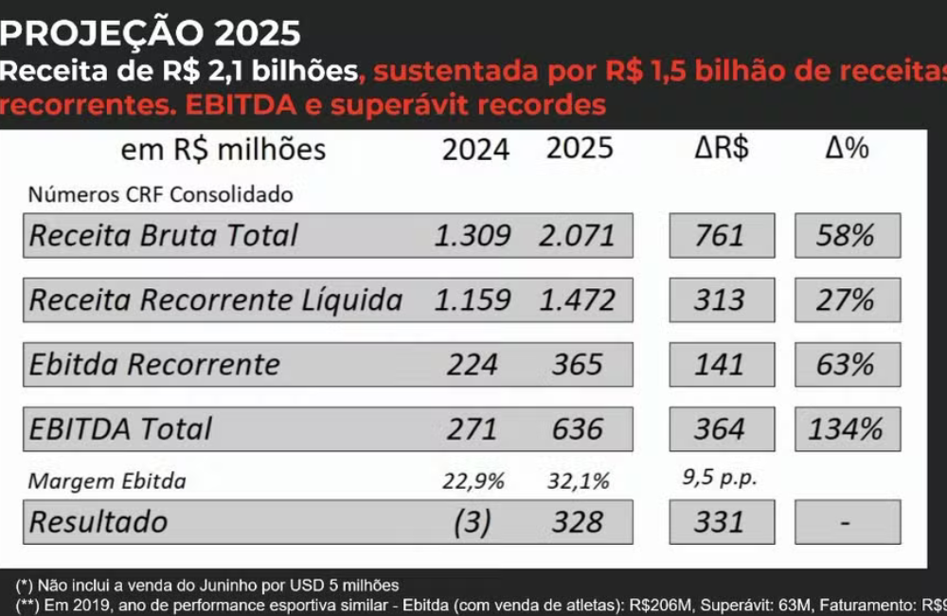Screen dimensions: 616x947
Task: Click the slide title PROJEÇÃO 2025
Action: coord(151,33)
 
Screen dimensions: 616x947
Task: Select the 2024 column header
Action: coord(475,149)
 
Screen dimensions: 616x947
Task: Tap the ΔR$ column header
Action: coord(720,148)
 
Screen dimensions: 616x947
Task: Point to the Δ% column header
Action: coord(846,148)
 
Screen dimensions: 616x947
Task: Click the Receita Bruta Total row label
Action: coord(164,235)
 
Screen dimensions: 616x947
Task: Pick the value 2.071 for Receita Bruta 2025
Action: coord(577,235)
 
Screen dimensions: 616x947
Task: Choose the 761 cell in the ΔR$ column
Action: coord(721,235)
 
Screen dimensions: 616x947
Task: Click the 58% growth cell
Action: coord(847,235)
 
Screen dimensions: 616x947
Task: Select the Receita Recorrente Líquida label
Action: coord(216,299)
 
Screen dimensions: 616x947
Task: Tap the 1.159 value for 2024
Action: coord(473,299)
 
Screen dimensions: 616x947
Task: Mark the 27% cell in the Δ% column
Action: coord(847,299)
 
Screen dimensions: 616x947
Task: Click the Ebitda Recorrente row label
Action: coord(154,364)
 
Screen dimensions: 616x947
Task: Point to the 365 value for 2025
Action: coord(577,364)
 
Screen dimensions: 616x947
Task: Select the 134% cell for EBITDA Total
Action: coord(847,428)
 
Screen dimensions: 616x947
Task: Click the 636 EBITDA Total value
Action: coord(577,428)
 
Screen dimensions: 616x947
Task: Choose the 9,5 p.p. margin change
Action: coord(720,479)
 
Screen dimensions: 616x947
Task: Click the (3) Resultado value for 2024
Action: coord(473,521)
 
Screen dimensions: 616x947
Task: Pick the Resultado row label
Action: coord(98,521)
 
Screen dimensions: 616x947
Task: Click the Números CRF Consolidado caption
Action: coord(160,195)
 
